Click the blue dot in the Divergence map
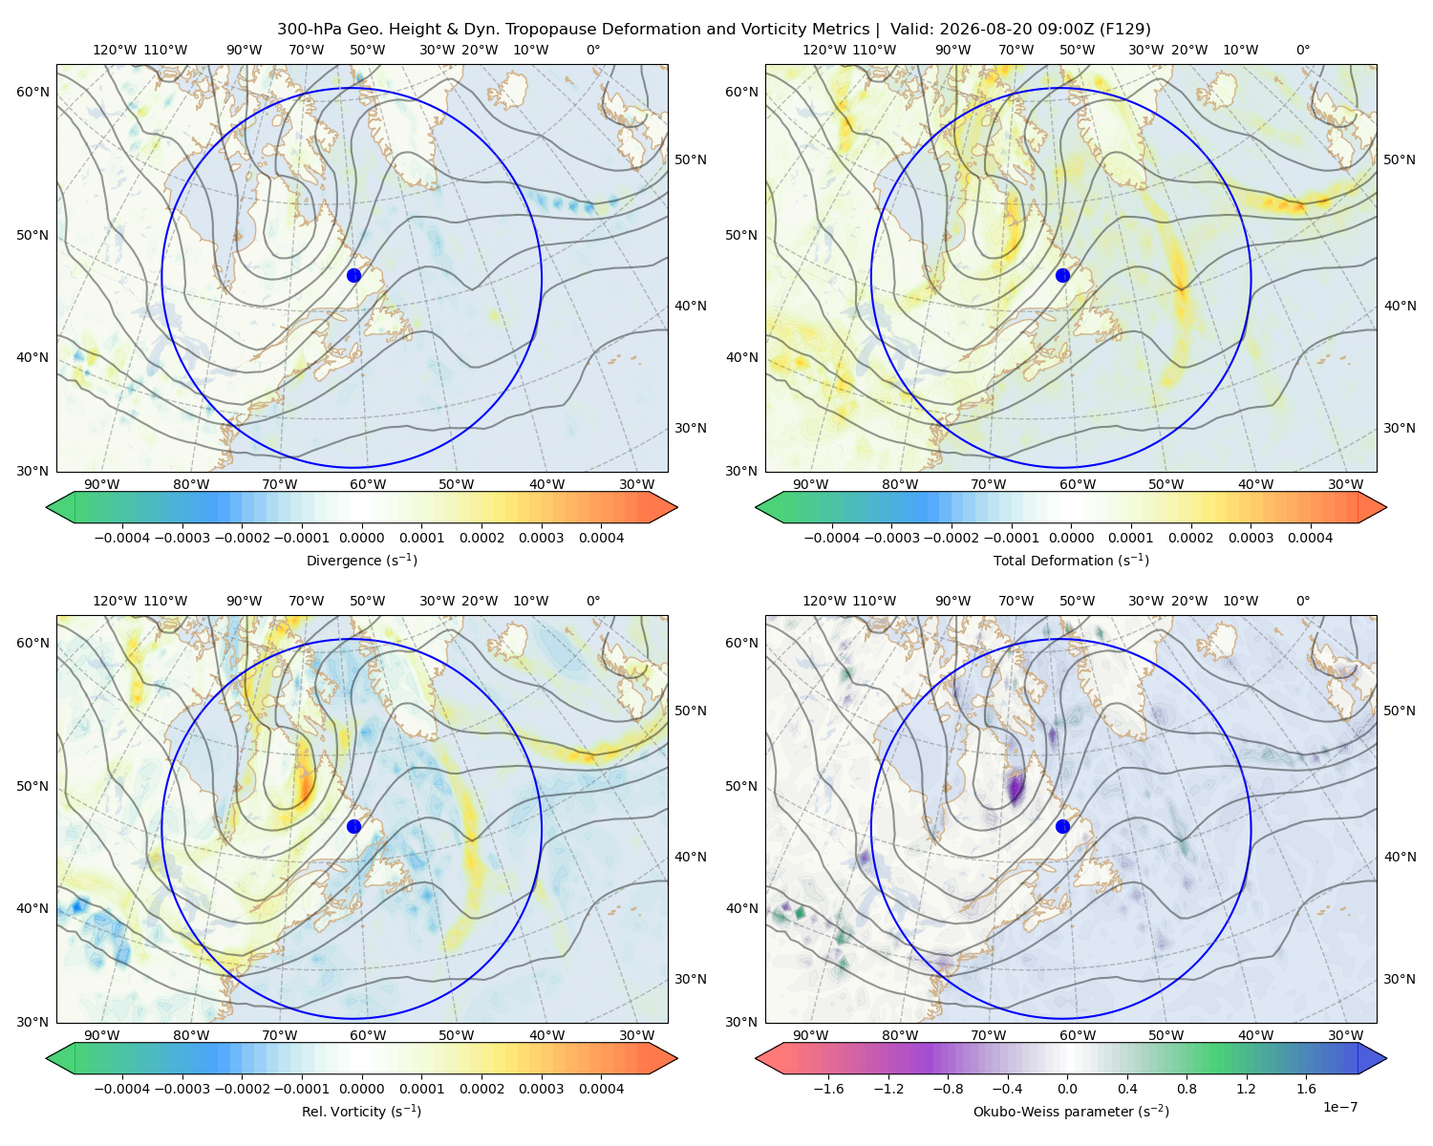tap(353, 275)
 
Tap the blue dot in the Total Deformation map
tap(1062, 275)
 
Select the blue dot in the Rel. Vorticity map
tap(353, 826)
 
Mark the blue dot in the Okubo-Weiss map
tap(1062, 826)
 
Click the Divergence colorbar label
tap(361, 560)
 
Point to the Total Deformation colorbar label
tap(1071, 560)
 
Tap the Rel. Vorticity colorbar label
tap(361, 1111)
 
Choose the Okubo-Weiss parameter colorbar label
tap(1071, 1111)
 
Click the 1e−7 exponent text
tap(1339, 1107)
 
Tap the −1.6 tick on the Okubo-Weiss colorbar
tap(828, 1089)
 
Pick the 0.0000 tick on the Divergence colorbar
tap(361, 538)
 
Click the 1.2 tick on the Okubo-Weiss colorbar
tap(1246, 1089)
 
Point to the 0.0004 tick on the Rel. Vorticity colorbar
tap(601, 1089)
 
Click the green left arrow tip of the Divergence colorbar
tap(47, 507)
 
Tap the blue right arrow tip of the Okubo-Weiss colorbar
tap(1386, 1058)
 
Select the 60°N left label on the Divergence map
tap(32, 92)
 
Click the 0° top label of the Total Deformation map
tap(1302, 50)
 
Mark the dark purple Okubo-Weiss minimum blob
tap(1015, 789)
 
